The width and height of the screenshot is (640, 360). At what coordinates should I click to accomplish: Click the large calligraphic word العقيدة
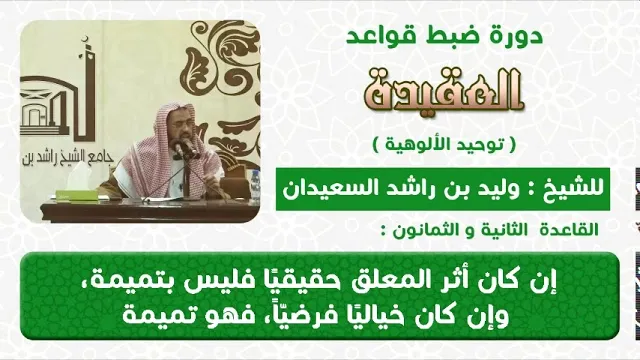click(444, 91)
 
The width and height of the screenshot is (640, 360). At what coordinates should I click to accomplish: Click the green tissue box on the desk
click(76, 195)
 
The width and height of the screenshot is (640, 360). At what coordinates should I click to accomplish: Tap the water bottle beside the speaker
click(255, 187)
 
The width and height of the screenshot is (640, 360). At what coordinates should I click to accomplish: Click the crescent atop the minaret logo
click(85, 40)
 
